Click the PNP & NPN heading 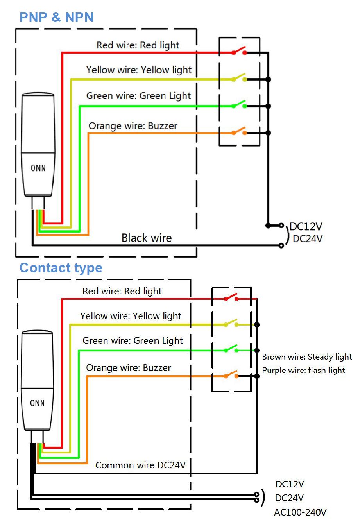coord(56,17)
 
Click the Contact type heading coord(61,268)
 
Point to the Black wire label coord(147,238)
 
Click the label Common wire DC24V coord(140,465)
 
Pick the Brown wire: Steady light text coord(307,357)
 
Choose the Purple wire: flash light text coord(303,370)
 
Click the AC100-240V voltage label coord(300,512)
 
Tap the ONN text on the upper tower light coord(38,168)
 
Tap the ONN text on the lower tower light coord(38,403)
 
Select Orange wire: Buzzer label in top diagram coord(133,126)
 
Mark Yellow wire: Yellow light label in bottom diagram coord(131,316)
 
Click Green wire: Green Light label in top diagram coord(138,96)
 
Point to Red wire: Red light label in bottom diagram coord(122,291)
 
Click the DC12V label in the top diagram coord(306,227)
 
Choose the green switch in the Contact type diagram coord(231,349)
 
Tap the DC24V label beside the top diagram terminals coord(308,239)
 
